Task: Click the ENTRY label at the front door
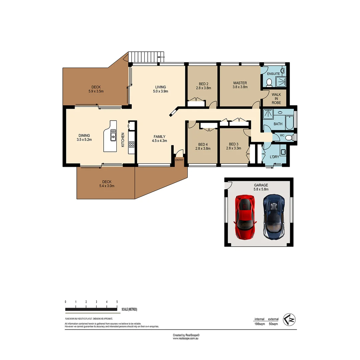tap(179, 160)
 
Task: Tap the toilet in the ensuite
tap(270, 81)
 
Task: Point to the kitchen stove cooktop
tap(131, 144)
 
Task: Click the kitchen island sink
tap(113, 135)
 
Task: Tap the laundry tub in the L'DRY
tap(283, 152)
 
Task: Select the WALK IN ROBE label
tap(276, 99)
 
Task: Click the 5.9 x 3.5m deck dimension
tap(96, 91)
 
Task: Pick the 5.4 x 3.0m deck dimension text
tap(107, 186)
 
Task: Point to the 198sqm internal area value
tap(260, 324)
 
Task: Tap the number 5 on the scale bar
tap(117, 302)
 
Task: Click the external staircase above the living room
tap(147, 57)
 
